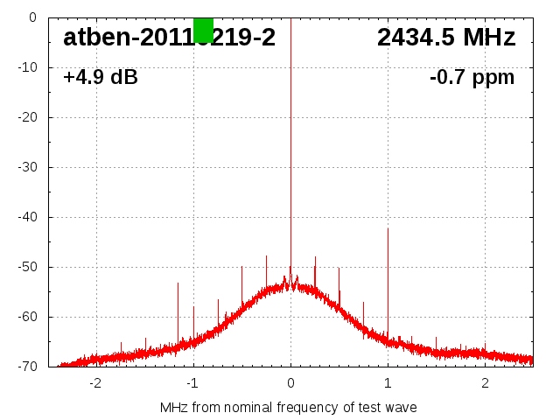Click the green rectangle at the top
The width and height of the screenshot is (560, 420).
coord(203,29)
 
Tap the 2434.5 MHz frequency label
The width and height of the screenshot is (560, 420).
coord(446,38)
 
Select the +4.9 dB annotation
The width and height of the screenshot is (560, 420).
coord(101,78)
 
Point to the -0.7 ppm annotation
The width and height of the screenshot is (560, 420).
coord(472,78)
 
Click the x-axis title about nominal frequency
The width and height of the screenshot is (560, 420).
coord(289,407)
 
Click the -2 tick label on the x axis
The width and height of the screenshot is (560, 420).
coord(95,383)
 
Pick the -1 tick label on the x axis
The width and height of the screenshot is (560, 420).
coord(192,383)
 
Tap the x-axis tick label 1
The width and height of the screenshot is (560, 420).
coord(388,383)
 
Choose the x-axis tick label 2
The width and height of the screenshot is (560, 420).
coord(485,383)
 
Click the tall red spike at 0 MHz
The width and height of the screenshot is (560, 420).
coord(290,131)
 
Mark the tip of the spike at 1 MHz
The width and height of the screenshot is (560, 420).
coord(388,229)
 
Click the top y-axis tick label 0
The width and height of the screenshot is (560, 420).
coord(31,17)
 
